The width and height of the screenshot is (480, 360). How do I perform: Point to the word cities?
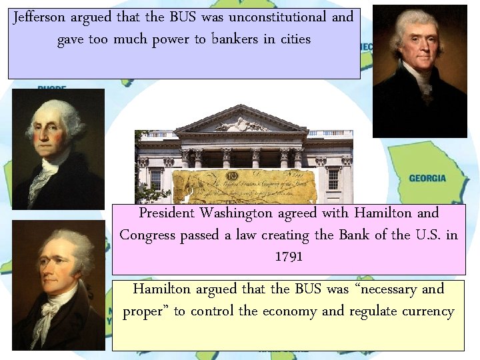point(295,39)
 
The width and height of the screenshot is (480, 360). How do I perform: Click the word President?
point(167,213)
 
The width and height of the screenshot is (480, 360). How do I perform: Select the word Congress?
point(148,235)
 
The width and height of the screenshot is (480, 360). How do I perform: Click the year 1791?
point(288,257)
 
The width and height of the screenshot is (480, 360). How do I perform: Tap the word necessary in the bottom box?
point(379,289)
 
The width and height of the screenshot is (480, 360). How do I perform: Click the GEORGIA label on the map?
point(427,179)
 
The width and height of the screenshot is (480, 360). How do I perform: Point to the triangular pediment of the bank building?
point(243,121)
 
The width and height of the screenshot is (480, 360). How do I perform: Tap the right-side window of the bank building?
point(333,179)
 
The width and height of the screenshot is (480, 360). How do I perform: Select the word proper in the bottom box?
point(145,311)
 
